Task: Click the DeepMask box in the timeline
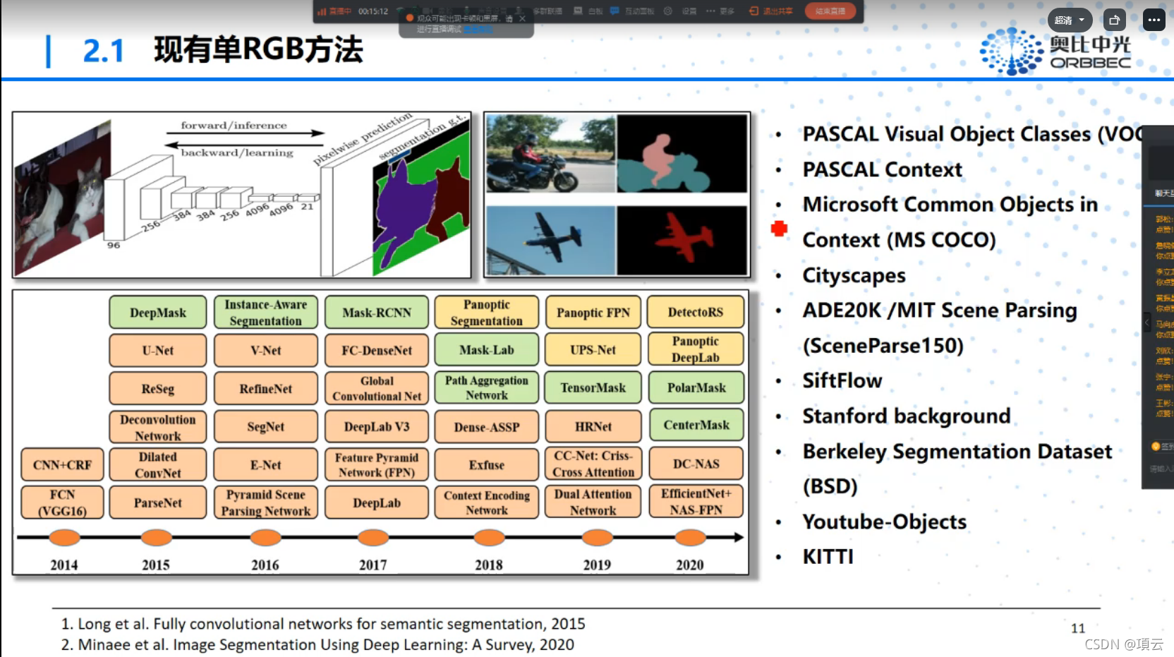point(158,313)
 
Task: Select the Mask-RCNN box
point(377,313)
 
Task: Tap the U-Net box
point(158,350)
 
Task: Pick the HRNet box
point(593,426)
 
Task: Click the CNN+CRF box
point(62,465)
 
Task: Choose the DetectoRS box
point(696,312)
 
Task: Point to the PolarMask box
point(696,387)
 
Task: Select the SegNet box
point(266,426)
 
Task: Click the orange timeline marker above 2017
point(373,538)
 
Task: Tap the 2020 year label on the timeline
point(689,565)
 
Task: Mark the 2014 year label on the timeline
point(64,565)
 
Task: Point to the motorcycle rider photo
point(550,154)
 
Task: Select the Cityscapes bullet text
point(854,275)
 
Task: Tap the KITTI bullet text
point(828,557)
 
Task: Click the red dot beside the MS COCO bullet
point(779,229)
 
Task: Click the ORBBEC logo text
point(1090,63)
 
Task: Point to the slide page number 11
point(1078,628)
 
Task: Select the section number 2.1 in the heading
point(103,51)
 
